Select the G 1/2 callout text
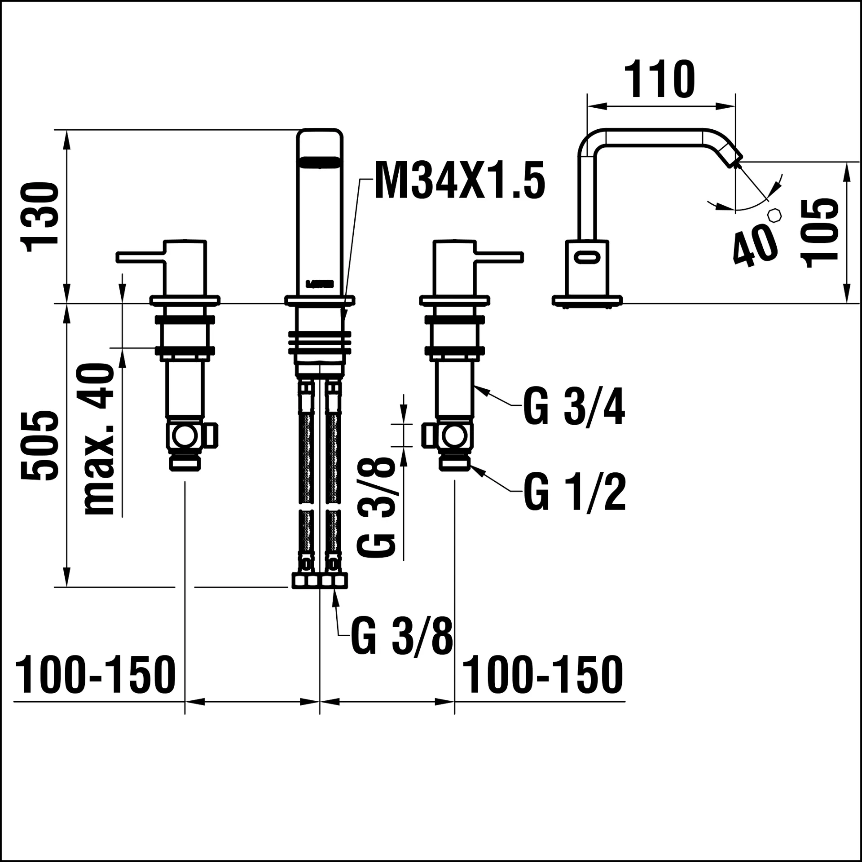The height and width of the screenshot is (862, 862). [574, 493]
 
